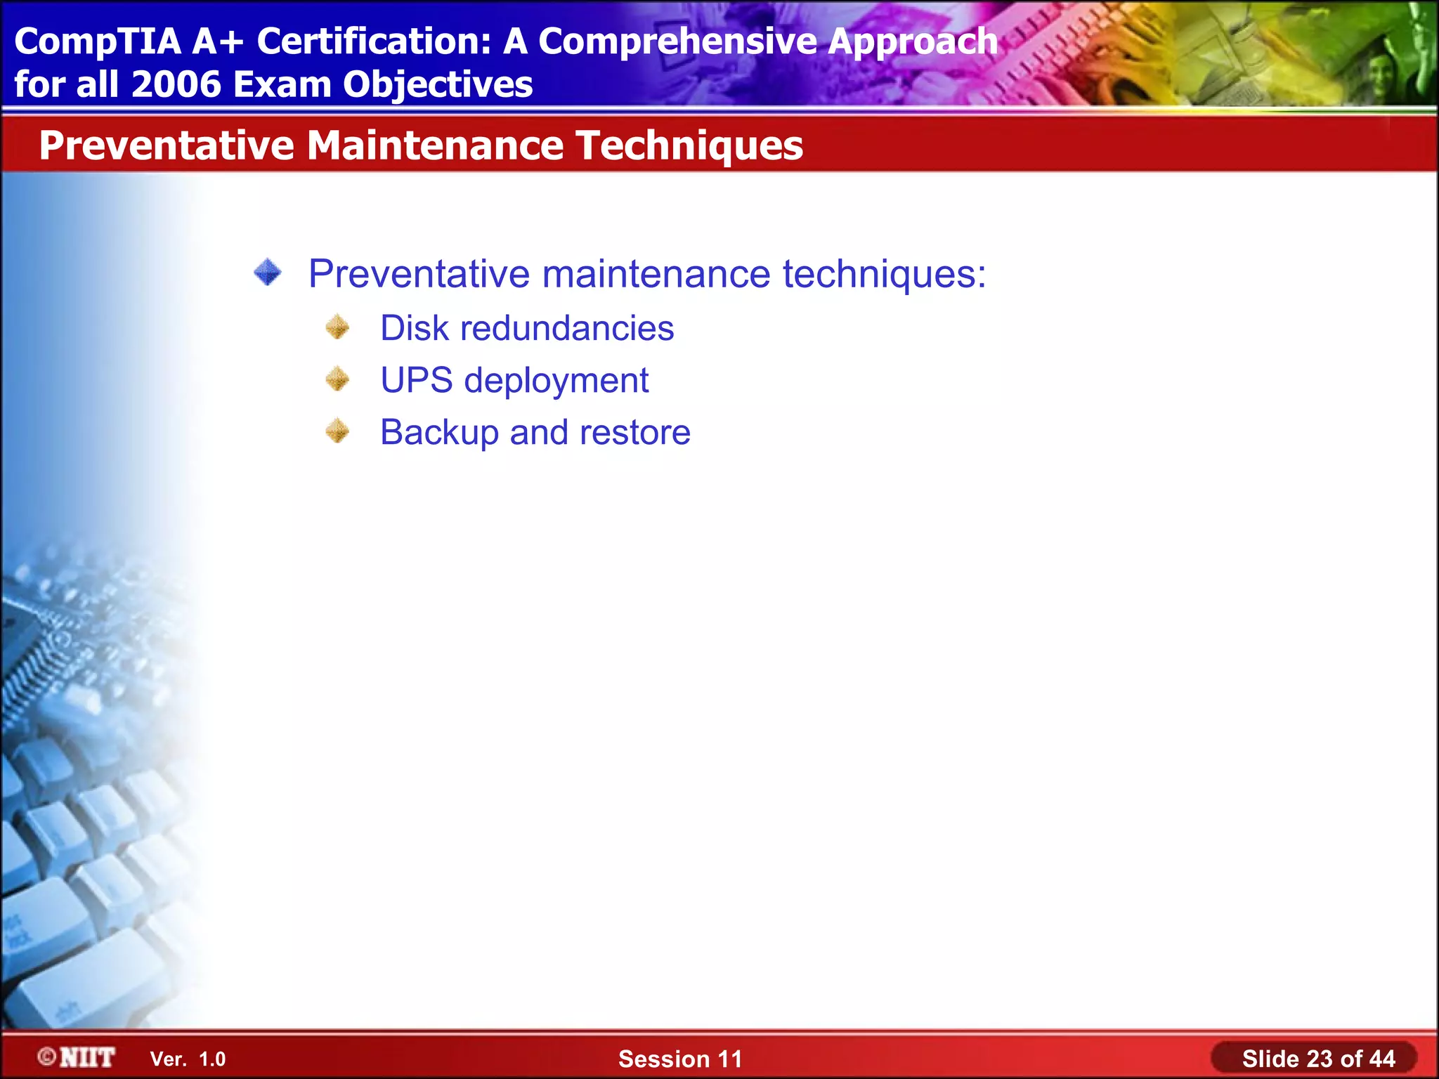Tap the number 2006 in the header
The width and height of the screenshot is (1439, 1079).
click(176, 85)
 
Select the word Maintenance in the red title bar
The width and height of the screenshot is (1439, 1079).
click(435, 145)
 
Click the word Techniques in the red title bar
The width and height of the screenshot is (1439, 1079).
click(689, 147)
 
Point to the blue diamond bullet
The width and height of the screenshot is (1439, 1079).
click(268, 273)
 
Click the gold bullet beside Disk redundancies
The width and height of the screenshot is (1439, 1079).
click(338, 327)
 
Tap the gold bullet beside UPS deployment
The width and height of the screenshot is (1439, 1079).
click(338, 379)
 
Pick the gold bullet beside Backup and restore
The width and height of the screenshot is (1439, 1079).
click(338, 431)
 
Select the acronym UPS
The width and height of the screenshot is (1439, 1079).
click(417, 380)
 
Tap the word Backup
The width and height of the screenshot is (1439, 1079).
click(439, 433)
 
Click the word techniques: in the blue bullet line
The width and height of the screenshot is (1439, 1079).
click(884, 274)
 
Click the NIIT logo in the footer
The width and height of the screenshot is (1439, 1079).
click(77, 1057)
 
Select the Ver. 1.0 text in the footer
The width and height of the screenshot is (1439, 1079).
click(188, 1059)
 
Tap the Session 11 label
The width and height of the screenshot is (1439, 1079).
click(679, 1059)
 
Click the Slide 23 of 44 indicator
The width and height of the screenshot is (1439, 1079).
click(1317, 1059)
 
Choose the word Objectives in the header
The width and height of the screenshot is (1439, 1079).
click(438, 85)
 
